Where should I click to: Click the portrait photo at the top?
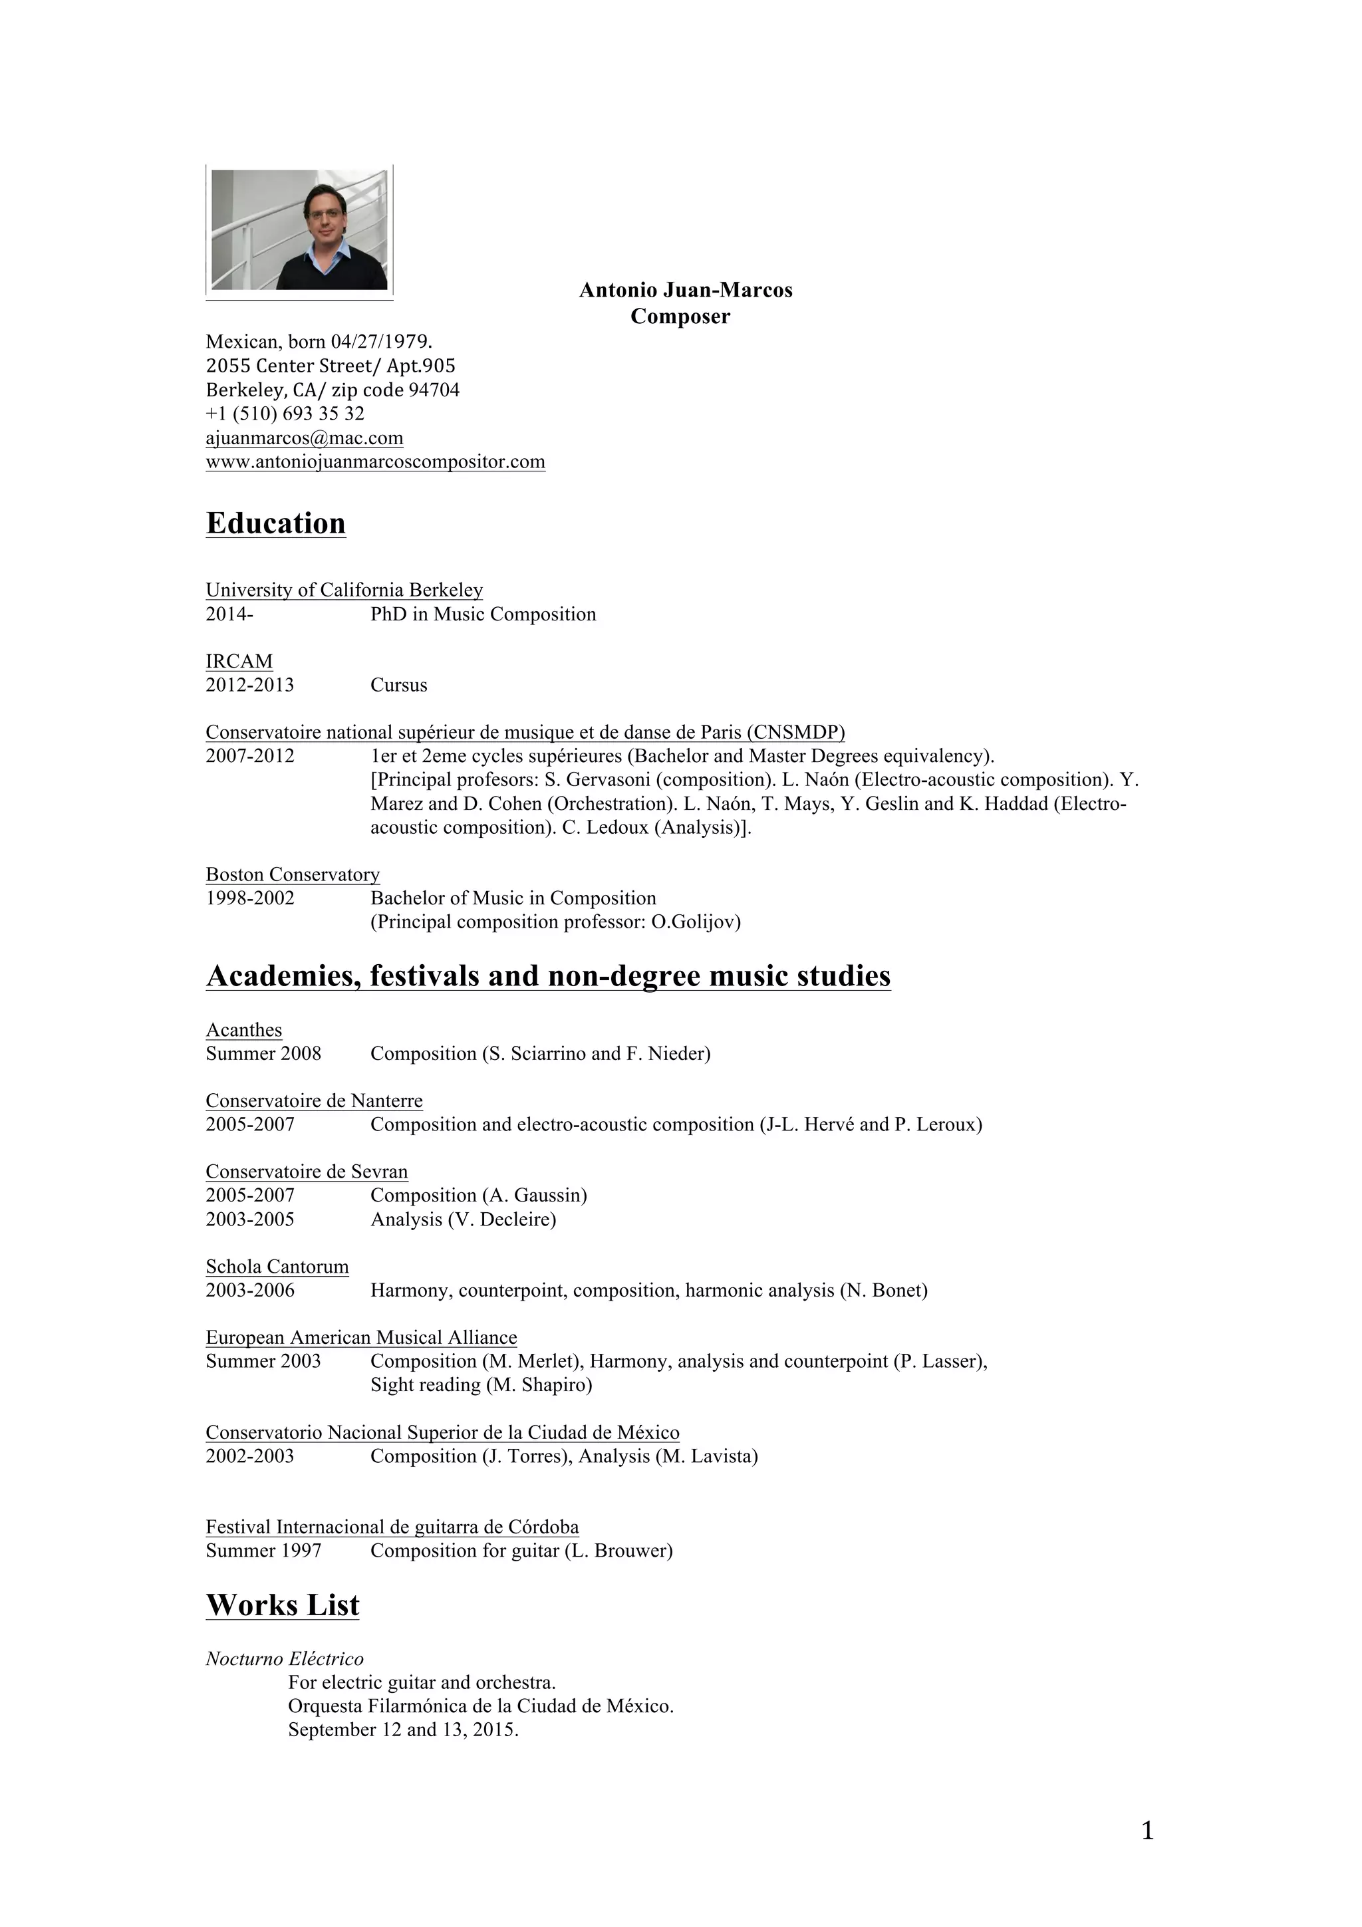(x=299, y=230)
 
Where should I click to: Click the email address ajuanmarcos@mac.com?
(x=305, y=438)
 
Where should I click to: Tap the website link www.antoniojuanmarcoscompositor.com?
(x=375, y=461)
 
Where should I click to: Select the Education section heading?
(x=275, y=524)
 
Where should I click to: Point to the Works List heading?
(x=282, y=1605)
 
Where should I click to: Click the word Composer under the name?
(x=680, y=317)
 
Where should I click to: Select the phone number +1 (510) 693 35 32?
(x=285, y=414)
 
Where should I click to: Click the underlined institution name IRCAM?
(x=239, y=662)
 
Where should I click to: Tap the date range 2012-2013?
(x=250, y=685)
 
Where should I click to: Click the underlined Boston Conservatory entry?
(x=293, y=874)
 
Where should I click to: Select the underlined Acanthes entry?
(x=244, y=1030)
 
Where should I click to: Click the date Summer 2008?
(x=263, y=1053)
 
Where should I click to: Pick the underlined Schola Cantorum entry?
(x=277, y=1267)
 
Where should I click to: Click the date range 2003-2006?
(x=250, y=1290)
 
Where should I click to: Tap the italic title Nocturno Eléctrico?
(x=285, y=1658)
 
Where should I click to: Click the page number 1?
(x=1147, y=1831)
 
